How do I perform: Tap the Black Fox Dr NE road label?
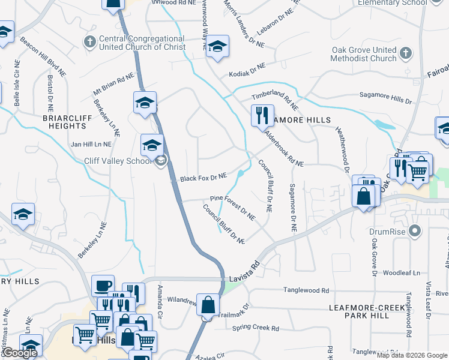tap(203, 178)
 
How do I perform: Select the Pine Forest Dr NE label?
tap(233, 205)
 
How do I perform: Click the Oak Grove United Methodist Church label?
tap(363, 54)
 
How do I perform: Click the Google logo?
tap(19, 353)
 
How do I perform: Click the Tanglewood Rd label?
tap(308, 290)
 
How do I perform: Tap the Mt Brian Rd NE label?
tap(113, 85)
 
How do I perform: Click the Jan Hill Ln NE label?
tap(91, 144)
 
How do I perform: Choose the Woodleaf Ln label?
tap(402, 272)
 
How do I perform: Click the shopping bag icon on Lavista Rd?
tap(207, 305)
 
